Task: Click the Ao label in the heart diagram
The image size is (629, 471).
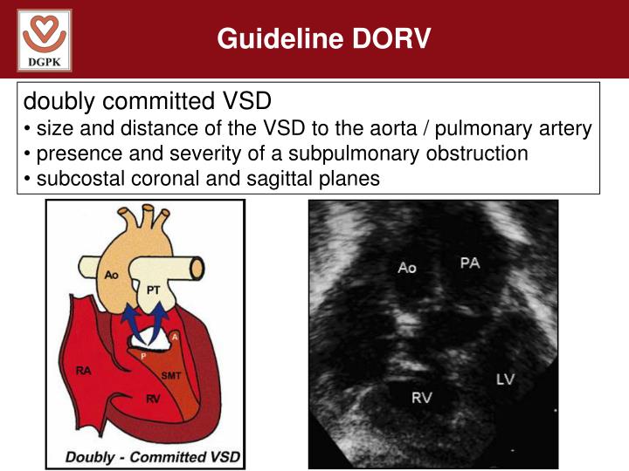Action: [x=111, y=274]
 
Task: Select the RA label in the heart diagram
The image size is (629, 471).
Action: [x=84, y=371]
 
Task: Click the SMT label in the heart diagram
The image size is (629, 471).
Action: [x=171, y=375]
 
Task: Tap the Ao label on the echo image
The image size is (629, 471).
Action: [x=407, y=268]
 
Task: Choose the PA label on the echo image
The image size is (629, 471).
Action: [x=470, y=262]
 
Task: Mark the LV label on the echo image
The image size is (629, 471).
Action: [x=505, y=379]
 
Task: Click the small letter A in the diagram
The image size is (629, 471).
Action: [x=176, y=337]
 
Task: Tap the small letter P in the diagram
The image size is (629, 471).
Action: [x=144, y=357]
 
